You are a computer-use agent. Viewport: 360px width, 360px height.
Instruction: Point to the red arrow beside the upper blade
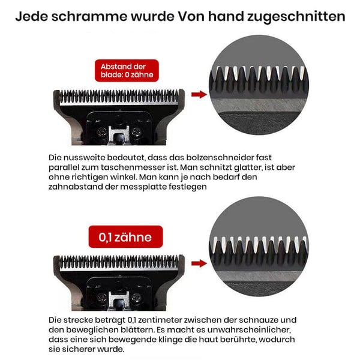(x=197, y=95)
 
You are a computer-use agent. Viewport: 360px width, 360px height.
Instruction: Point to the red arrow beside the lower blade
(x=197, y=260)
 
